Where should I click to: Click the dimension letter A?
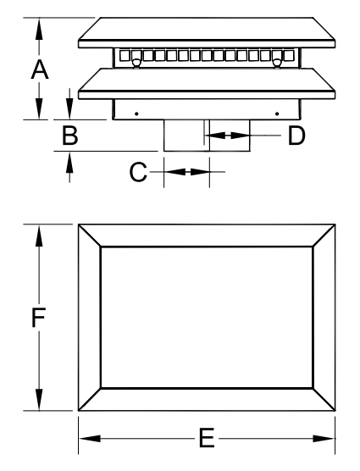(39, 69)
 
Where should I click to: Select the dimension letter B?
(70, 136)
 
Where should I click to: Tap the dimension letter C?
(138, 172)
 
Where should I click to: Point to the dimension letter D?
(296, 136)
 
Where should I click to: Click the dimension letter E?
(207, 438)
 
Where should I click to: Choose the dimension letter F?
(39, 317)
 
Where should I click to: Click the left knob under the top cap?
(136, 63)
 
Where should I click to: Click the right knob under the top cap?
(277, 63)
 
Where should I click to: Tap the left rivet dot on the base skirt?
(136, 114)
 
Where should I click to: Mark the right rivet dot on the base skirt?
(277, 114)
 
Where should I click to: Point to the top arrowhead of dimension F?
(39, 235)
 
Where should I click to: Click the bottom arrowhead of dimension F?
(39, 399)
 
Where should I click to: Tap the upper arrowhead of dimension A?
(39, 29)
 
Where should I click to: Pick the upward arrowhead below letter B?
(69, 163)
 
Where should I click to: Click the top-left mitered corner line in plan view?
(90, 235)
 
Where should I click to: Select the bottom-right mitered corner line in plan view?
(324, 399)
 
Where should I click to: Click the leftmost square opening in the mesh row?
(125, 56)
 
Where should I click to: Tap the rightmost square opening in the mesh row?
(289, 56)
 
